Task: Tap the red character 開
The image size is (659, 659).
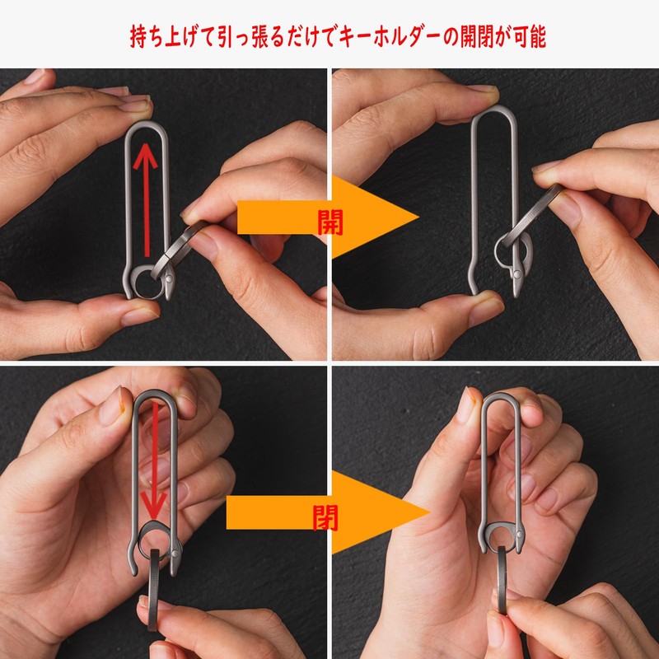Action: click(x=329, y=222)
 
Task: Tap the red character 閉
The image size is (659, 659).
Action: click(x=326, y=516)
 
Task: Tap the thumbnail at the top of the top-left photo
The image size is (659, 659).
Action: click(x=133, y=104)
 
